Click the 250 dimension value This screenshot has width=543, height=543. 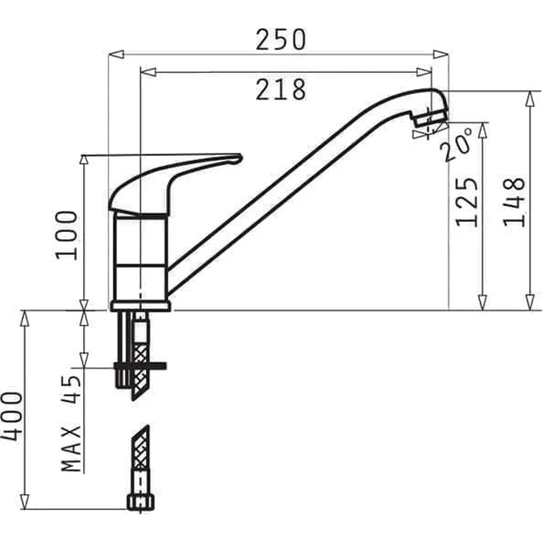click(x=281, y=39)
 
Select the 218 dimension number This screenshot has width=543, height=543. click(x=281, y=90)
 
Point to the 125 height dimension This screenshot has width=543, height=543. click(x=466, y=201)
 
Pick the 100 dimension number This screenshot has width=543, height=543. click(x=67, y=234)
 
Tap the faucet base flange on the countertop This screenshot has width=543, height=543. click(x=140, y=305)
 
